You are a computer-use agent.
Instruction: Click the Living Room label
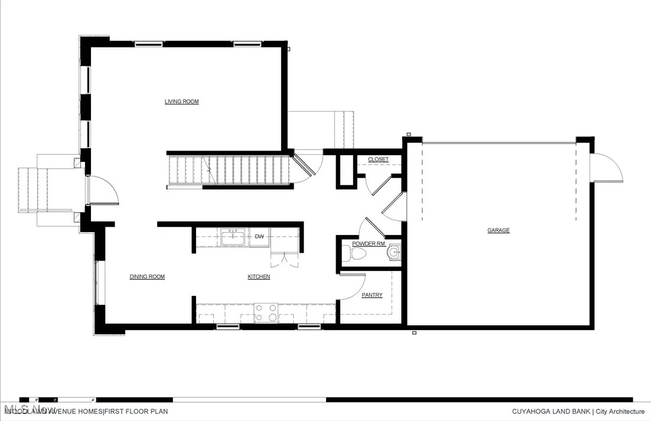[x=181, y=102]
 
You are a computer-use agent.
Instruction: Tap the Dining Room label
[x=147, y=276]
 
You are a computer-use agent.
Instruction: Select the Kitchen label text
[x=259, y=276]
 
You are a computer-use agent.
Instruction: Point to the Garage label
[x=498, y=230]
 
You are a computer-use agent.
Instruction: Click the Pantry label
[x=372, y=295]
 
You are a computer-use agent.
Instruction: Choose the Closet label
[x=378, y=159]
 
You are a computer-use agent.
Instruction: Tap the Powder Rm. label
[x=369, y=243]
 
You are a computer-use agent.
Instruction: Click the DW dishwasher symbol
[x=259, y=237]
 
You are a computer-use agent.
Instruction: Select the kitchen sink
[x=233, y=237]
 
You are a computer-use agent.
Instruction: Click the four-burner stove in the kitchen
[x=266, y=312]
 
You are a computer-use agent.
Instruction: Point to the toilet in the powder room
[x=358, y=254]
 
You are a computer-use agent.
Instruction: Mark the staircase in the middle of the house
[x=230, y=169]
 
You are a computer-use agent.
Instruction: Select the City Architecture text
[x=620, y=412]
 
